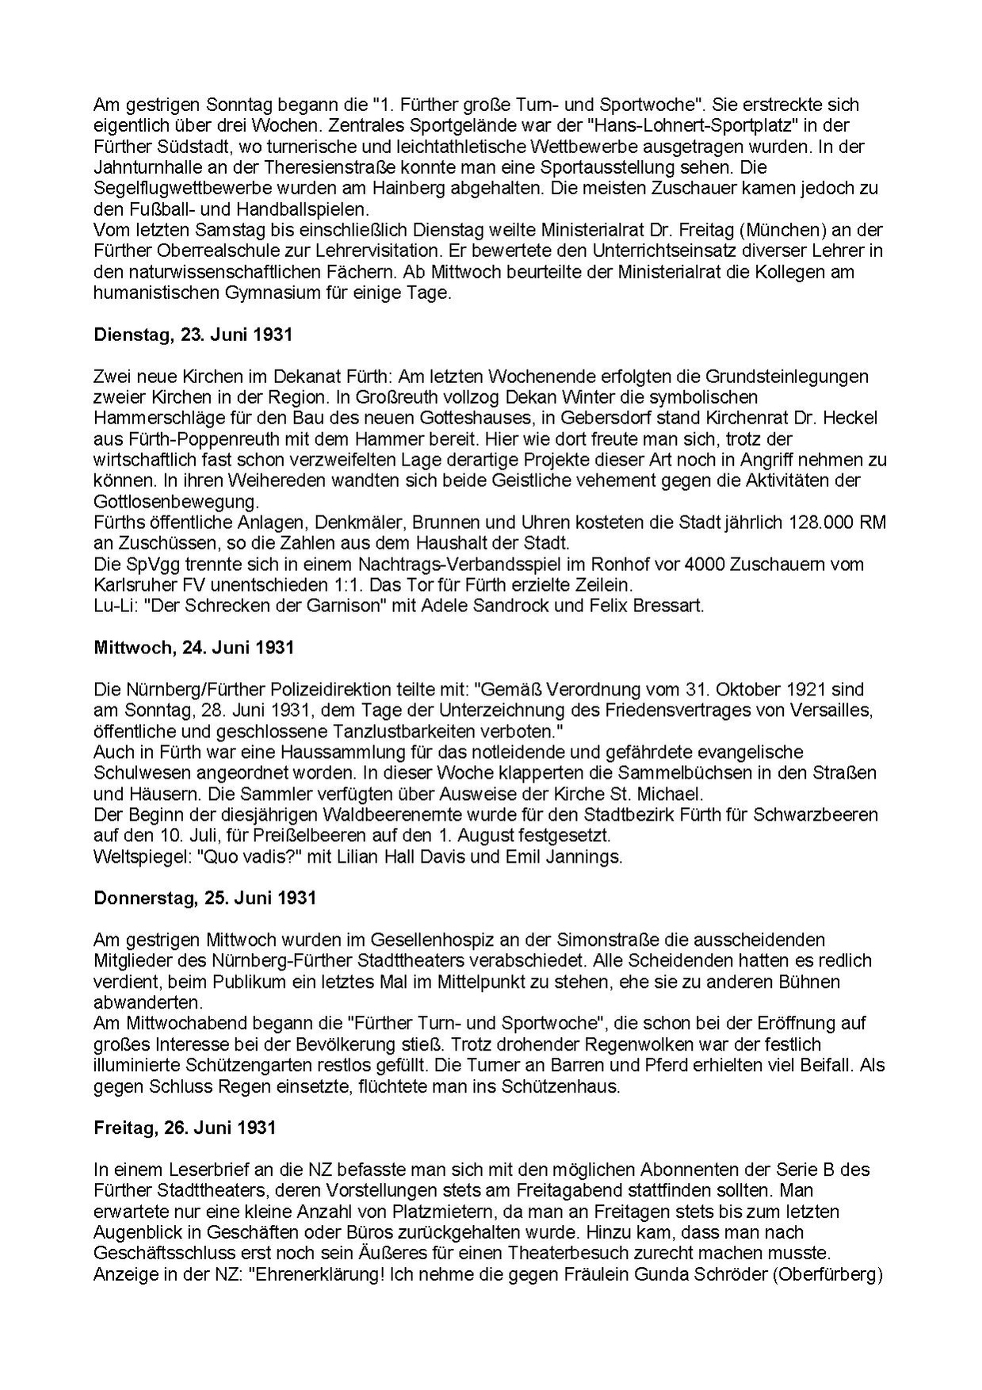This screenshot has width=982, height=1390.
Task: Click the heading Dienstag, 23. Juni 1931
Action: coord(193,335)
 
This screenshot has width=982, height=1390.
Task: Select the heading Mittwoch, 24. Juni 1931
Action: coord(193,647)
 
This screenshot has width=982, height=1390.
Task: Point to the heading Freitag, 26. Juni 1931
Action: coord(184,1127)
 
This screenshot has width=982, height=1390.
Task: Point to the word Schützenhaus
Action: coord(569,1086)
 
